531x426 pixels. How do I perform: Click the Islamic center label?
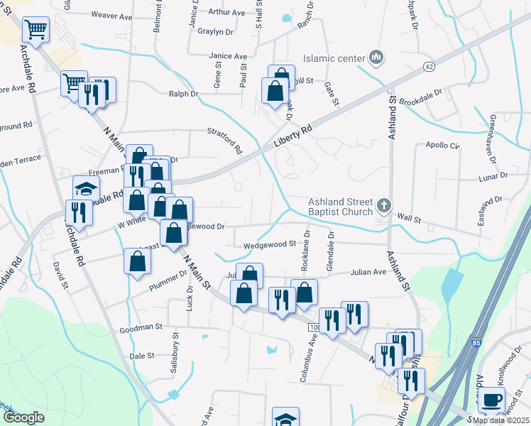333,58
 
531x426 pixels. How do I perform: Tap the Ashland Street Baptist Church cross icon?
384,207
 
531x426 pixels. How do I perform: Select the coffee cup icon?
491,400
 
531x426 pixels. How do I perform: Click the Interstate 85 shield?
474,344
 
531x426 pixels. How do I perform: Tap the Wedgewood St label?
269,244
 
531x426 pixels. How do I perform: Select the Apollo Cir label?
444,146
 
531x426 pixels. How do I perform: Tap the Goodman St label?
141,329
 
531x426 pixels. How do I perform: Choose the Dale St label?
142,356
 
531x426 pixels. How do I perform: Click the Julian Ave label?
367,271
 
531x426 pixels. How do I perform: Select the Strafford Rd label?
225,141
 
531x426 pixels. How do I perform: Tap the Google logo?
23,417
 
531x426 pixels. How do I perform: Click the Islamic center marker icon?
376,57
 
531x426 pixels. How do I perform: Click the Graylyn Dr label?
216,32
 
